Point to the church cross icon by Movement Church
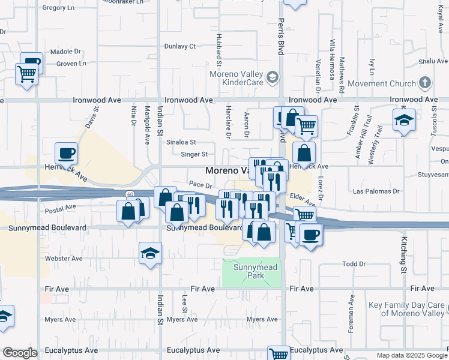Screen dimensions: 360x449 click(425, 82)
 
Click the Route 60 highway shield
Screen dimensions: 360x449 click(130, 194)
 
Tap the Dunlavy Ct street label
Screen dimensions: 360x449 click(180, 46)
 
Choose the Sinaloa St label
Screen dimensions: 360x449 click(181, 142)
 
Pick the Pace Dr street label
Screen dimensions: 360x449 click(200, 185)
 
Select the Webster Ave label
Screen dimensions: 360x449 click(64, 259)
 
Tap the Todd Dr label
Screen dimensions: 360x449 click(354, 264)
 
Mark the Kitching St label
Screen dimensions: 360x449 click(404, 253)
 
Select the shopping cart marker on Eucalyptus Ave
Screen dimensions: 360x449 click(279, 353)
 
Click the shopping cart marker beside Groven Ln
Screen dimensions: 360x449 click(27, 75)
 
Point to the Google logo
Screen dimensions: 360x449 click(20, 353)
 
